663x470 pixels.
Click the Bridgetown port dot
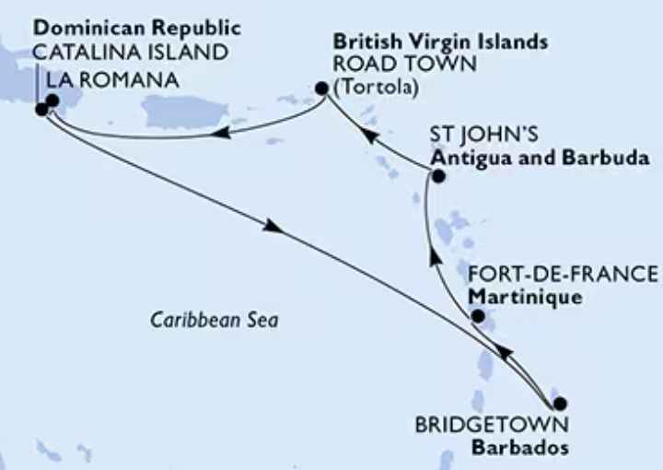(559, 403)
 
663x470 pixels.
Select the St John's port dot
(437, 175)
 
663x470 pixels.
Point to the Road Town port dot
(321, 89)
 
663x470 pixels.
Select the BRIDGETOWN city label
(491, 427)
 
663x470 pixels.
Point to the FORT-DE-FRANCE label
(564, 276)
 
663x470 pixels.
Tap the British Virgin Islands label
(440, 42)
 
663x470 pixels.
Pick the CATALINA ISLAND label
(130, 52)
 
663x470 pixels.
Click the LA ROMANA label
(112, 81)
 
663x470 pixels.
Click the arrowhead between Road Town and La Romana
(222, 135)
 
